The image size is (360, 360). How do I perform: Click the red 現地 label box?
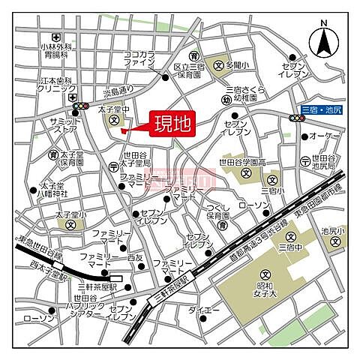pyautogui.click(x=173, y=123)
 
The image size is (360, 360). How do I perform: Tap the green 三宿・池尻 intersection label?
pyautogui.click(x=322, y=109)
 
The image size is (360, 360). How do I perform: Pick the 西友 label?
pyautogui.click(x=135, y=257)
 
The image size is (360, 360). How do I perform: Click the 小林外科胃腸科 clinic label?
pyautogui.click(x=55, y=50)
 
